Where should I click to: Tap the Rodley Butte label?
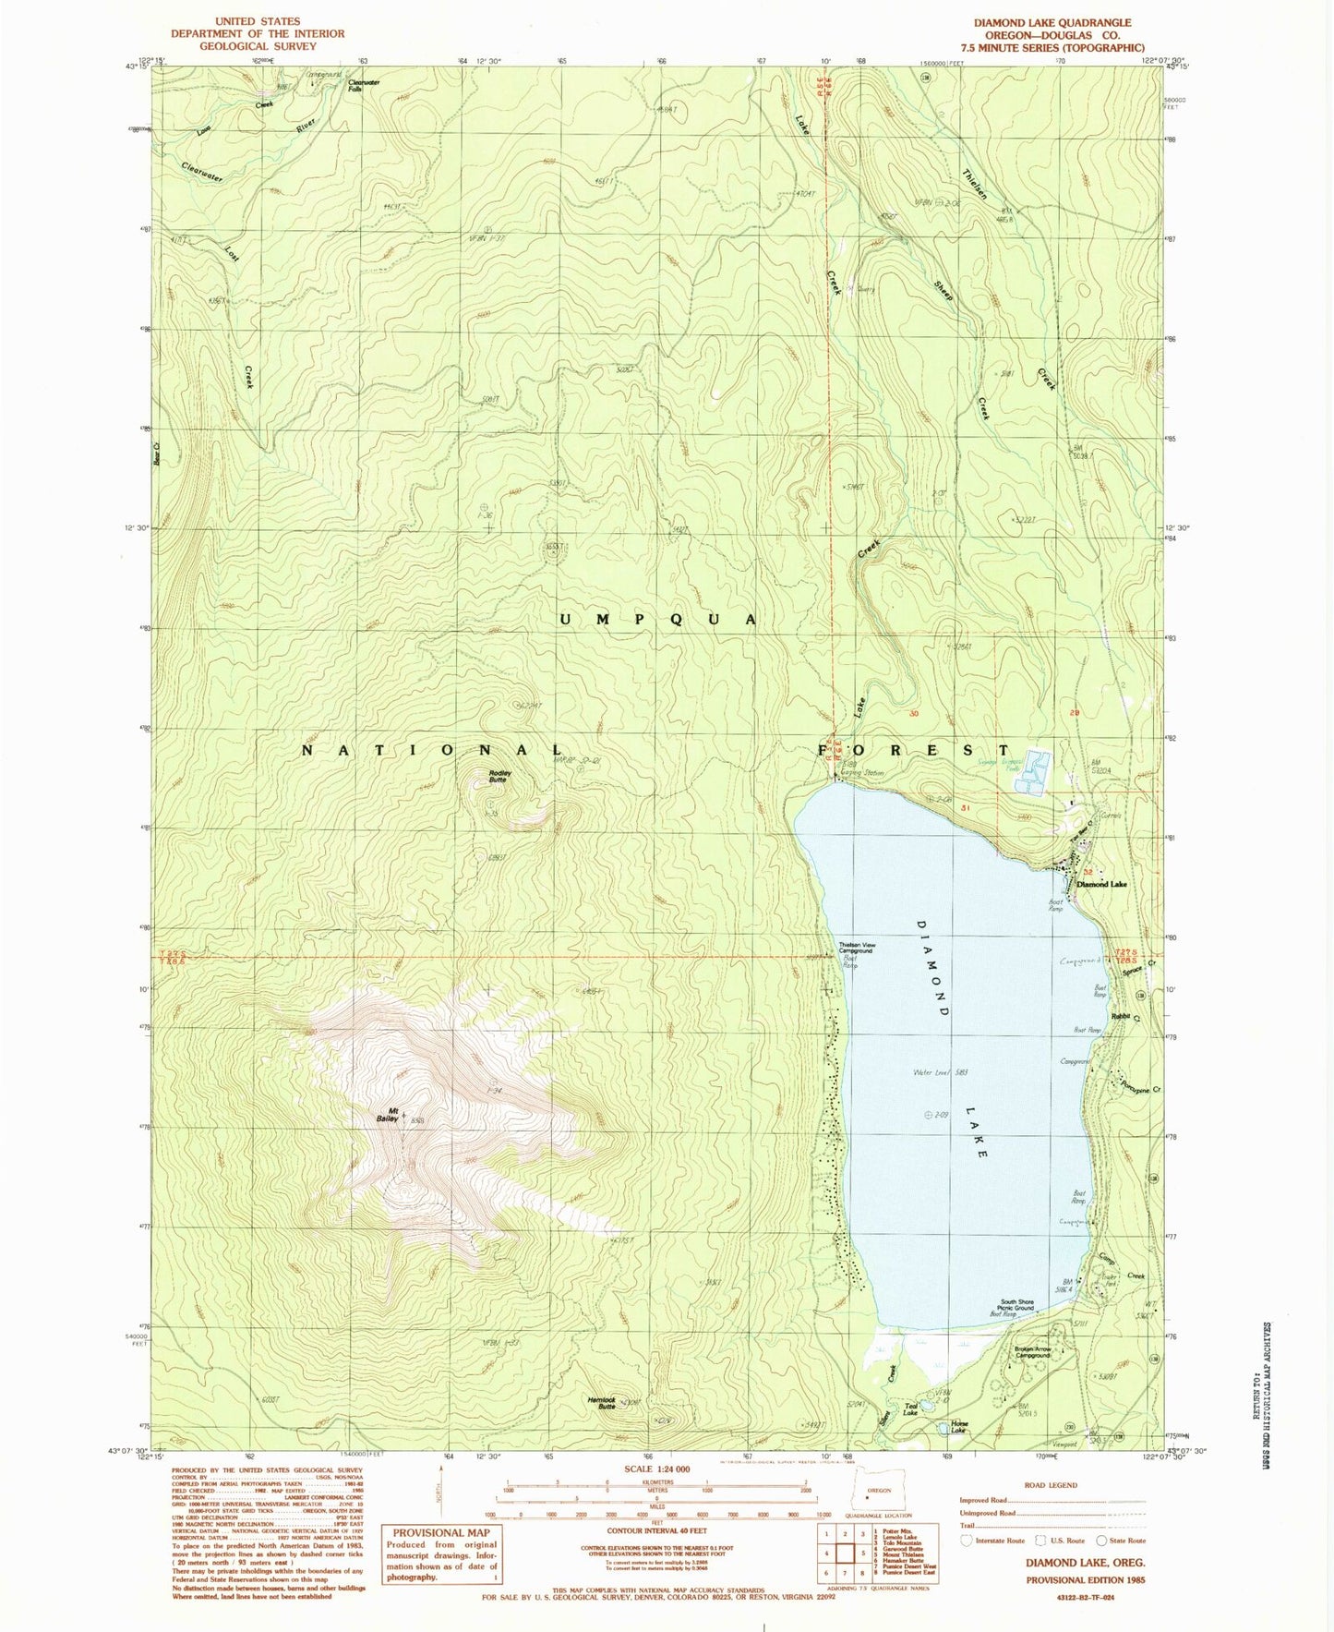pos(499,777)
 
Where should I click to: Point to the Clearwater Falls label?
pos(364,85)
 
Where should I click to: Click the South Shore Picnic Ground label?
pos(1015,1305)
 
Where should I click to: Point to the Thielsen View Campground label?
pos(856,948)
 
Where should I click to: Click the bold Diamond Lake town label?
pos(1101,885)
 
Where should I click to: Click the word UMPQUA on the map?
pos(658,619)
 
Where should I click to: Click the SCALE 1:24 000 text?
pos(656,1469)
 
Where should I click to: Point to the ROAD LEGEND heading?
pos(1051,1485)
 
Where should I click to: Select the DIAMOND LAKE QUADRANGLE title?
pos(1052,22)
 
